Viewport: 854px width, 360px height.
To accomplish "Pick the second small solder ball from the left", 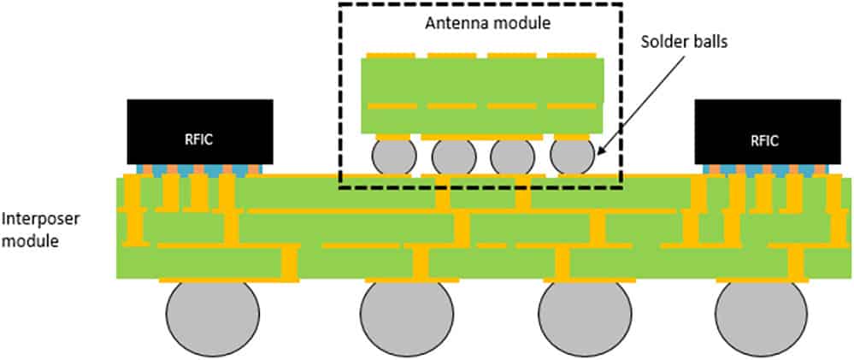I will [x=453, y=158].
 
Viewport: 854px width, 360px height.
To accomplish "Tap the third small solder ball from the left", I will [x=512, y=158].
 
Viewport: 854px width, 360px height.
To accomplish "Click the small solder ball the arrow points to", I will [x=571, y=157].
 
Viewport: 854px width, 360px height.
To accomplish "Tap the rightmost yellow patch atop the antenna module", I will [x=572, y=56].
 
